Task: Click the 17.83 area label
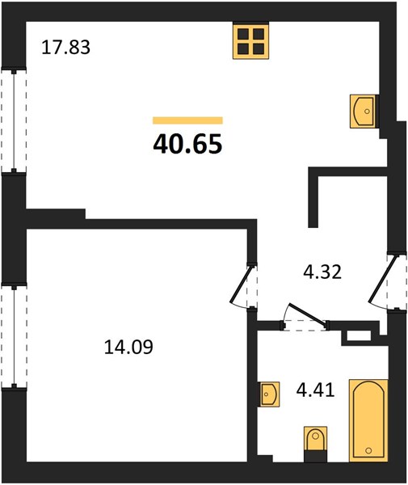point(65,48)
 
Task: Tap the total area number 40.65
point(187,144)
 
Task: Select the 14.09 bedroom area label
point(128,347)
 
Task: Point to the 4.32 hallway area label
point(322,272)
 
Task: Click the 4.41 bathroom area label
point(315,390)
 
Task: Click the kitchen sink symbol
point(364,111)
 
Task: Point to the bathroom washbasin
point(270,394)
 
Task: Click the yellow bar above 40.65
point(187,120)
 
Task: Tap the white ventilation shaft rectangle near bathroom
point(359,335)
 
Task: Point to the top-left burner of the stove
point(243,33)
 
